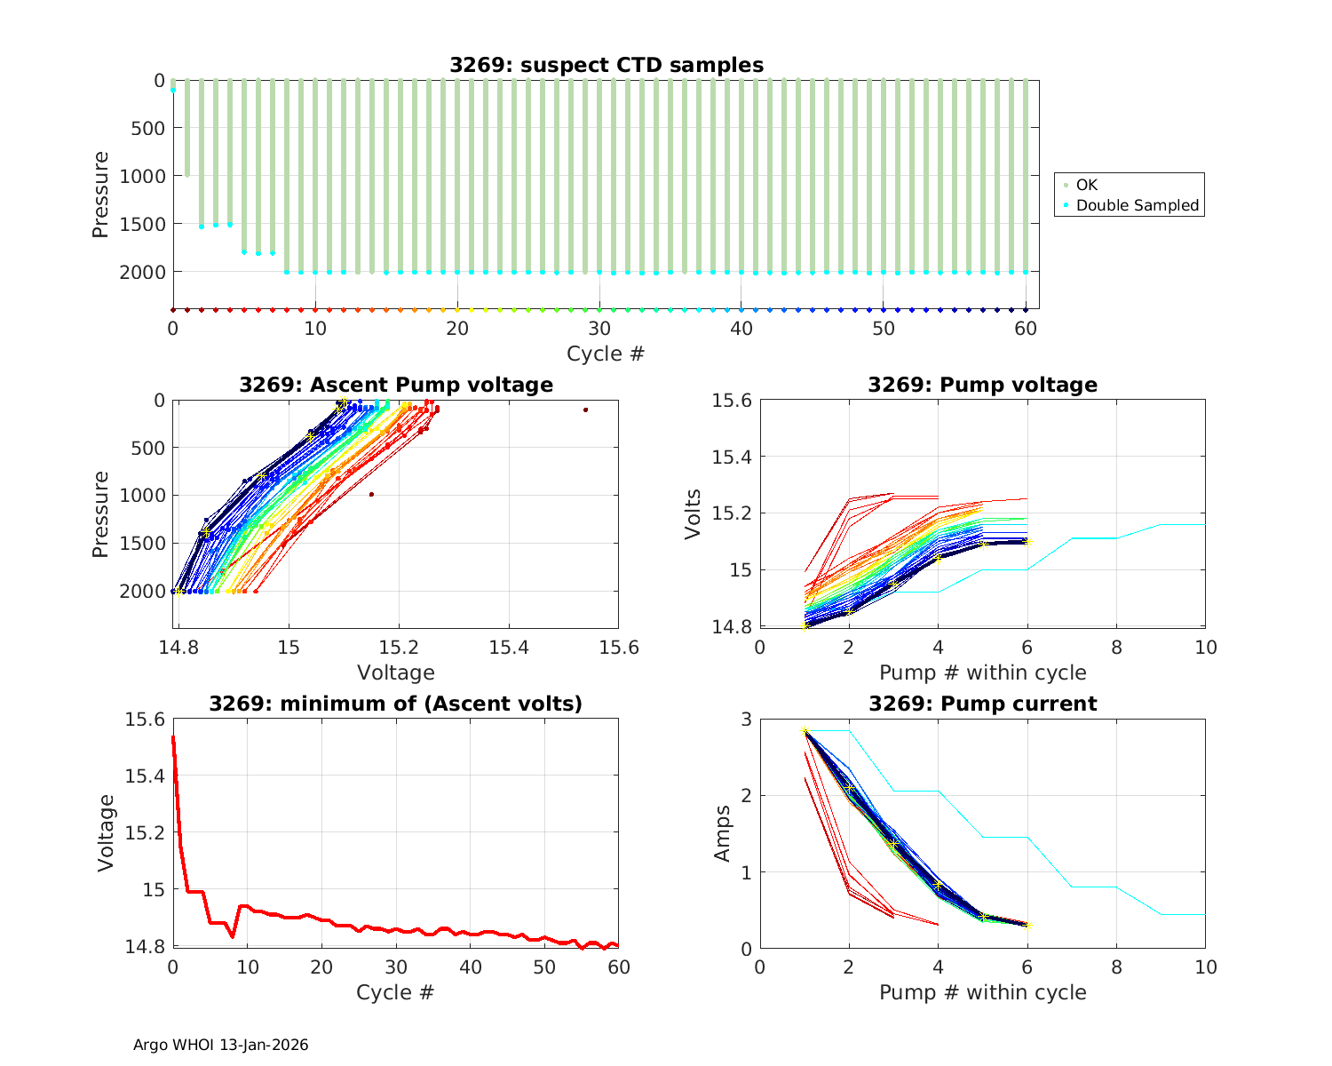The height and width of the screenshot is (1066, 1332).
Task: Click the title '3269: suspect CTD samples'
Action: pos(607,65)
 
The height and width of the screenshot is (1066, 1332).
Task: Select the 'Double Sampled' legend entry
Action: pos(1138,205)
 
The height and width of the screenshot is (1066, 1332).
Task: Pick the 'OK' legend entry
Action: pos(1087,185)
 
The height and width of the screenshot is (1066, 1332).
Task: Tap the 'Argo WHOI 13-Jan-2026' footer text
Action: pos(220,1045)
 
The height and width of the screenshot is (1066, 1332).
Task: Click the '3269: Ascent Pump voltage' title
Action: pos(396,385)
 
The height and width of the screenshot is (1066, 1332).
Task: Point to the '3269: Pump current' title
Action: pos(982,704)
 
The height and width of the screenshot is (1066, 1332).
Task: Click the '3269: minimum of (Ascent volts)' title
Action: pos(396,704)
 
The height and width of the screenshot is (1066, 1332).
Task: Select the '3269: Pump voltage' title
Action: pos(982,385)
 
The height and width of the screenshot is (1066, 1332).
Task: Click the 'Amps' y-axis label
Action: pos(724,833)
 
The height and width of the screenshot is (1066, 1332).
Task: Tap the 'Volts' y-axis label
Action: pos(694,514)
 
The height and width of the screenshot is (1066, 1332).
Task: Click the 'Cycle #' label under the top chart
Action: pos(607,354)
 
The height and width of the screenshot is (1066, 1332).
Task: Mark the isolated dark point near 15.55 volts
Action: pos(586,410)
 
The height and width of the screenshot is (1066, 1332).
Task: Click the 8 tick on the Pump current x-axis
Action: pos(1116,967)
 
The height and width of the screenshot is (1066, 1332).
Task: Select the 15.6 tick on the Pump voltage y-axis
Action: pos(731,401)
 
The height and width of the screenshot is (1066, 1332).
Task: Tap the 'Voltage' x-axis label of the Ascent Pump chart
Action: pos(396,672)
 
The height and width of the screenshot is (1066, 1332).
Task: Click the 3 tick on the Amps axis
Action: pos(744,719)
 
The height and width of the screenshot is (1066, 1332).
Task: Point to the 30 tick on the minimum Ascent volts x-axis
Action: pos(396,967)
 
